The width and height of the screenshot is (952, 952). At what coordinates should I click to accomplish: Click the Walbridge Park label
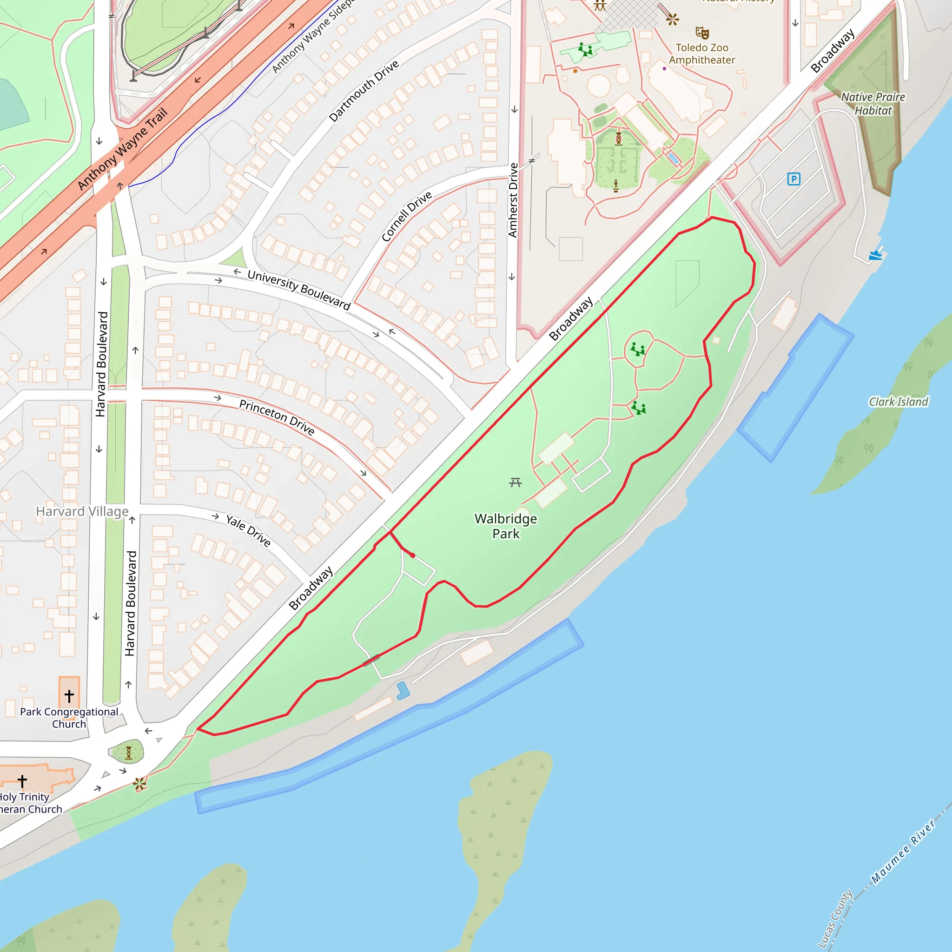(x=506, y=526)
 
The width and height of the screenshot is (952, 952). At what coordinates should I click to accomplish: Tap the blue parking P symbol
(x=793, y=179)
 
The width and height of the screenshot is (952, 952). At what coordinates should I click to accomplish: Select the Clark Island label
(x=898, y=402)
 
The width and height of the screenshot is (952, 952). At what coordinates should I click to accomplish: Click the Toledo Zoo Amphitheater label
(x=701, y=54)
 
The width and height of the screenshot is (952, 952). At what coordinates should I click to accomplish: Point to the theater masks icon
(x=702, y=33)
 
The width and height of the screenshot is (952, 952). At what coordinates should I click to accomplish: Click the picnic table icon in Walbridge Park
(x=516, y=483)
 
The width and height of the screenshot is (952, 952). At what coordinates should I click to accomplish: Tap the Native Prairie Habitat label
(x=873, y=104)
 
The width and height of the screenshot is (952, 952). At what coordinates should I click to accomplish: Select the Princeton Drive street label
(x=277, y=417)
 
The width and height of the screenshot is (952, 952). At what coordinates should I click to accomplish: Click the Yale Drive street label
(x=248, y=530)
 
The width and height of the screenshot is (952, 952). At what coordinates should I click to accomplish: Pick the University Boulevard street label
(x=298, y=289)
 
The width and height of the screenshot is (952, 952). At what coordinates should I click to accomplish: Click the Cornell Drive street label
(x=407, y=216)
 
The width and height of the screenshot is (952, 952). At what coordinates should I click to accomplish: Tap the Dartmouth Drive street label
(x=364, y=91)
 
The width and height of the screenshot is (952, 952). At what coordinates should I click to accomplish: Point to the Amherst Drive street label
(x=513, y=200)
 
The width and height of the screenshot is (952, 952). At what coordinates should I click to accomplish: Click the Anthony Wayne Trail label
(x=123, y=148)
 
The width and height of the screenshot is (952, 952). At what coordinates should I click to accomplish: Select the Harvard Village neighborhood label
(x=82, y=511)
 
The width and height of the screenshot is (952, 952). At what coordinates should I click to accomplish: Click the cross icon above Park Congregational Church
(x=69, y=695)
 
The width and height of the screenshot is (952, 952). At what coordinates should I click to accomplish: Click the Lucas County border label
(x=835, y=918)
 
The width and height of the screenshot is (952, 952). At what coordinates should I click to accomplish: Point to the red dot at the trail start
(x=412, y=555)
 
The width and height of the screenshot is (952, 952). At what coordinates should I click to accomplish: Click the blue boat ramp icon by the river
(x=876, y=254)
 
